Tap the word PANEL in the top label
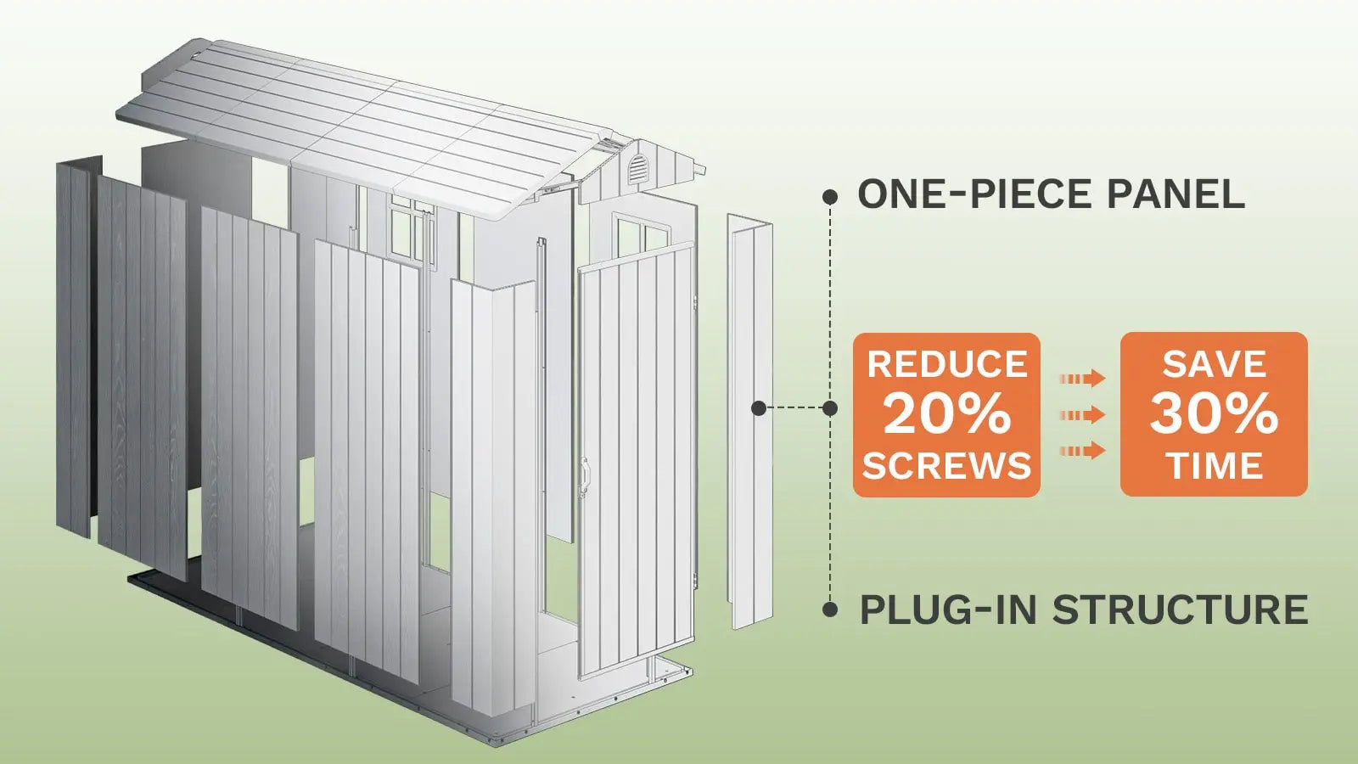click(x=1176, y=195)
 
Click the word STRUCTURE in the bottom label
click(x=1180, y=610)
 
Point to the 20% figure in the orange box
click(x=946, y=414)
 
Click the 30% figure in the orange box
click(x=1214, y=414)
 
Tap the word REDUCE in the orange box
click(x=946, y=365)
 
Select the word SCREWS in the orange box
click(x=946, y=465)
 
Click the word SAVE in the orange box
click(x=1214, y=365)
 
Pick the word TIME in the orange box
click(x=1214, y=465)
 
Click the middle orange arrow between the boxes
click(x=1082, y=414)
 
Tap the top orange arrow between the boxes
click(x=1082, y=379)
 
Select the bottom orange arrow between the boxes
click(x=1082, y=450)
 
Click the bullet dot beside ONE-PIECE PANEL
click(x=830, y=197)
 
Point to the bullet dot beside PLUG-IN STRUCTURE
click(x=830, y=610)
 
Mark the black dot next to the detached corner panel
click(x=760, y=408)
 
